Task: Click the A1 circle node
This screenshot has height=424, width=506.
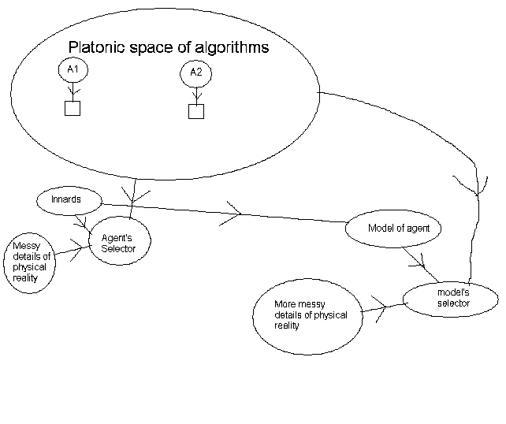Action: tap(73, 69)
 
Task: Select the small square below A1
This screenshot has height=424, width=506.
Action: tap(72, 108)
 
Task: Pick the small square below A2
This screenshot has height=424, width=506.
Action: tap(196, 111)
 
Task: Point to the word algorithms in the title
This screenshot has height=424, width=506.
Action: tap(230, 47)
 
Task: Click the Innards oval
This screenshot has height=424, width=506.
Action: tap(69, 200)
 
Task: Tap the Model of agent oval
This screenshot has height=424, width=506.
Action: tap(393, 229)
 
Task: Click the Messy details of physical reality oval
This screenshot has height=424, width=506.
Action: tap(32, 262)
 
